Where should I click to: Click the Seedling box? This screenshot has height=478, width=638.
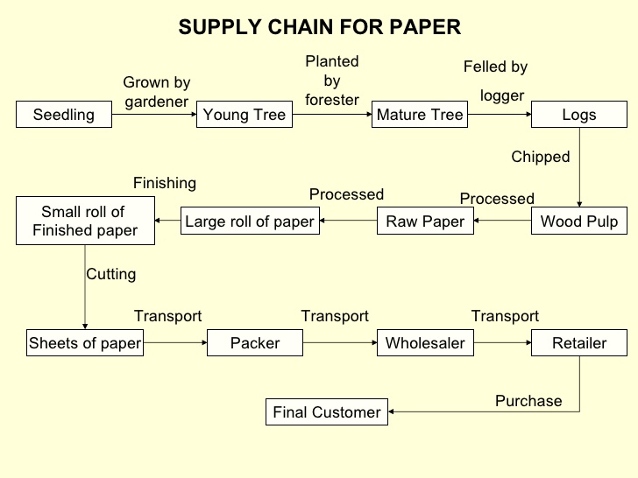[64, 116]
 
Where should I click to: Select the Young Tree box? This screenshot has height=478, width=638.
[245, 116]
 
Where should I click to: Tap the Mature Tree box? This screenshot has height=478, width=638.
[420, 116]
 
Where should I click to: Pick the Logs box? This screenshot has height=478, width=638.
[579, 116]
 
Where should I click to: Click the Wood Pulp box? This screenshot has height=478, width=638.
[579, 221]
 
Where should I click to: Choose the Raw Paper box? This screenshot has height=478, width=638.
[426, 221]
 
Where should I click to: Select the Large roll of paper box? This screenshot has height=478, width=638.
[250, 221]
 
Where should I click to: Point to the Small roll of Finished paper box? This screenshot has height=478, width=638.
[85, 221]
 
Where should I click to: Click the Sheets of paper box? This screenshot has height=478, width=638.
[85, 343]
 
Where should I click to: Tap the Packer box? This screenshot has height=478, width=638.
[255, 343]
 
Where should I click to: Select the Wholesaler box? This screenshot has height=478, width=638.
[426, 343]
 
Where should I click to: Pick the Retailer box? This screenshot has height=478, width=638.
[579, 343]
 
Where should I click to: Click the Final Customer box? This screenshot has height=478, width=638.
[327, 412]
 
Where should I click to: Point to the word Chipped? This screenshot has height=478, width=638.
[541, 158]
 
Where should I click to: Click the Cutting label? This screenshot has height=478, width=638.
[111, 274]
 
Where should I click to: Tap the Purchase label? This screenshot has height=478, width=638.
[528, 401]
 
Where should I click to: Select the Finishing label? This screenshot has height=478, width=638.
[165, 183]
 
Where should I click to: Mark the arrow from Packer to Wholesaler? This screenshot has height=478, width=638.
[340, 343]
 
